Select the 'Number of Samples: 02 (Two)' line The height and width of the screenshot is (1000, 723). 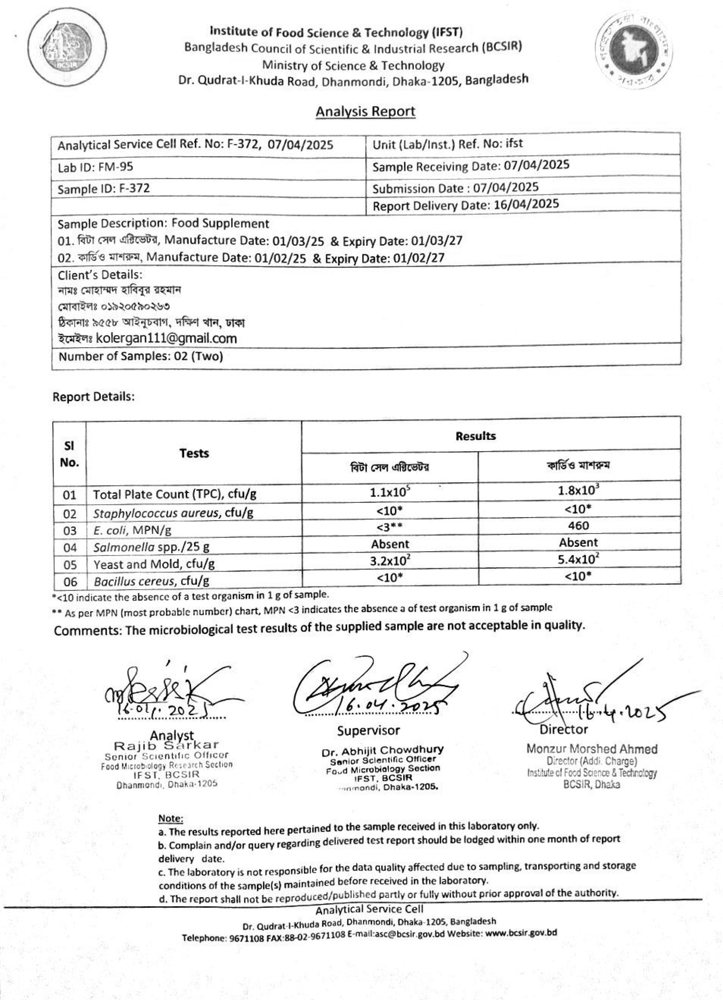point(141,356)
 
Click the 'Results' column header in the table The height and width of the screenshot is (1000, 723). point(475,436)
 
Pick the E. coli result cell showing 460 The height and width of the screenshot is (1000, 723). point(578,525)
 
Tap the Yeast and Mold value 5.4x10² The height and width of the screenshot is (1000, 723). point(578,559)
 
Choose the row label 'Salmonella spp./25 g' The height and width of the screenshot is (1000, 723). point(151,548)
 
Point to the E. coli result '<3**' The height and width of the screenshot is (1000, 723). point(390,527)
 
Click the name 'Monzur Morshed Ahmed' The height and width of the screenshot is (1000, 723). point(592,749)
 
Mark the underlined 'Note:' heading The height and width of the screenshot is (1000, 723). point(170,818)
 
